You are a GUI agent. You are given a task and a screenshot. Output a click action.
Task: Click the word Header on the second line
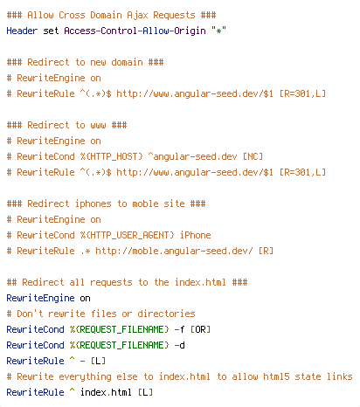point(22,31)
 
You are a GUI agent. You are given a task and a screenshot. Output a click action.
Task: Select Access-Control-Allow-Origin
point(135,31)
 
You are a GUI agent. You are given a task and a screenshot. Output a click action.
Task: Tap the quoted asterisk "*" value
point(218,31)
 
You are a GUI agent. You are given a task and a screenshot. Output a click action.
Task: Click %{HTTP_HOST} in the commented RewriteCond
point(112,156)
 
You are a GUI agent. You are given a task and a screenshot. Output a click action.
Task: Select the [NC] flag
point(253,156)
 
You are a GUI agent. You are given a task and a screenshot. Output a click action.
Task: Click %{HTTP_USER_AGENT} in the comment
point(128,235)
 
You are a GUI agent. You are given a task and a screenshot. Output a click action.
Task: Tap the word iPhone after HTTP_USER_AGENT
point(196,235)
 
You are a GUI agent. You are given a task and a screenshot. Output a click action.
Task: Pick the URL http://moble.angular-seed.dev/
point(174,251)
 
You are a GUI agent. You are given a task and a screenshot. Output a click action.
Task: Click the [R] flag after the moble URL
point(266,251)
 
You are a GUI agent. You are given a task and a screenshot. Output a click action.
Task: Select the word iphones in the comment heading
point(93,203)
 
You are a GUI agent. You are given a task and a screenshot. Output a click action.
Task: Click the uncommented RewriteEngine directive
point(40,299)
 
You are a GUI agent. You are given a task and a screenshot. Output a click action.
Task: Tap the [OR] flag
point(200,329)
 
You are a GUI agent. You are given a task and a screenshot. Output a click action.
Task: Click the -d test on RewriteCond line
point(179,345)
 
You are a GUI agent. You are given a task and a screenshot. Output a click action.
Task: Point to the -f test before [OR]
point(179,329)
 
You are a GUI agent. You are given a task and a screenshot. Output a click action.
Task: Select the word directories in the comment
point(166,314)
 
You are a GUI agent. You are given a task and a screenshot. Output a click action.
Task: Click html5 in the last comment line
point(276,376)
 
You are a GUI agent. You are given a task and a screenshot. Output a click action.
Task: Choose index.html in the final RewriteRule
point(106,392)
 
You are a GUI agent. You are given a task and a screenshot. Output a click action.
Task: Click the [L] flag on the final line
point(145,392)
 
